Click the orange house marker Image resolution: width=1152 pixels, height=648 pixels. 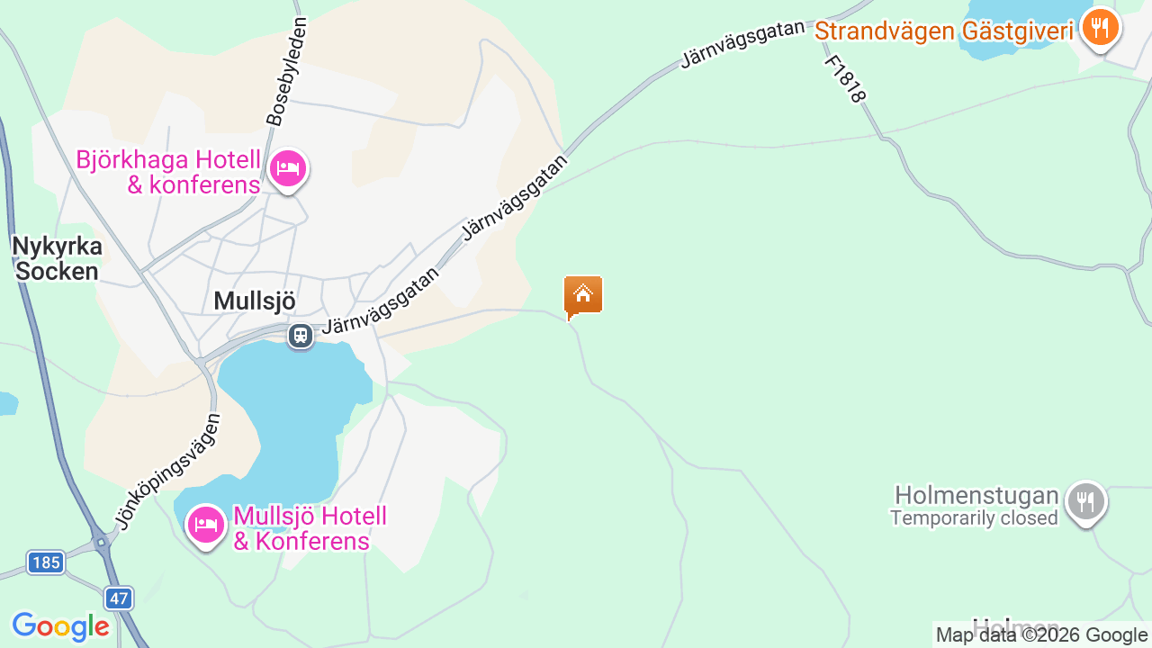click(x=583, y=295)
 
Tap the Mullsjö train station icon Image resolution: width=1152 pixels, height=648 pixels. click(x=300, y=336)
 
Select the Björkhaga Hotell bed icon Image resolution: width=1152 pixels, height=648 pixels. click(x=287, y=169)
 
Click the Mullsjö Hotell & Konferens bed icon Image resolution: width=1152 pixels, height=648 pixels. click(x=206, y=524)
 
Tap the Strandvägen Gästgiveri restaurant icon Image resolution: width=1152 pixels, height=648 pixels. click(x=1099, y=28)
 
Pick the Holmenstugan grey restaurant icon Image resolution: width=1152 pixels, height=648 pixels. click(x=1086, y=502)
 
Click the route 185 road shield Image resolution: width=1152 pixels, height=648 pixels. click(x=45, y=563)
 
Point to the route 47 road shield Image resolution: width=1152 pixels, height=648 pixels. click(x=118, y=598)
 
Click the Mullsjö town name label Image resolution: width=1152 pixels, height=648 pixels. click(x=255, y=301)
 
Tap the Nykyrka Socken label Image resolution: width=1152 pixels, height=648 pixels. click(x=57, y=258)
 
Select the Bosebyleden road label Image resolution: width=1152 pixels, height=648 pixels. click(x=287, y=71)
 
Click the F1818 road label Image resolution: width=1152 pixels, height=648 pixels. click(x=845, y=79)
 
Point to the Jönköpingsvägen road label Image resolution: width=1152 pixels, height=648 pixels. click(x=167, y=471)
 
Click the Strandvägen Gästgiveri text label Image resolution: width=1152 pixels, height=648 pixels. click(x=944, y=31)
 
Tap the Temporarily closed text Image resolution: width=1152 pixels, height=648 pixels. click(x=974, y=518)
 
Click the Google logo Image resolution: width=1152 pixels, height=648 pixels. click(x=60, y=626)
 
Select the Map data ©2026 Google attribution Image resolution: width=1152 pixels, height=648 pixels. click(x=1041, y=635)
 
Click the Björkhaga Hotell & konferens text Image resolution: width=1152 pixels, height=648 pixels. click(x=168, y=172)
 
